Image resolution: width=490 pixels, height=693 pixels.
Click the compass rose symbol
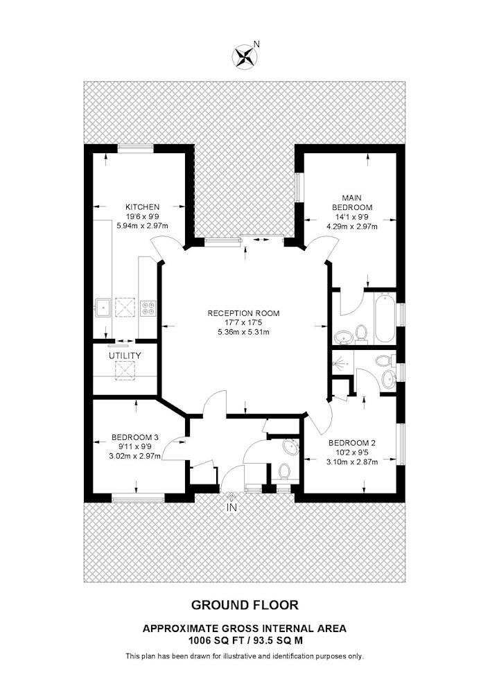pos(245,57)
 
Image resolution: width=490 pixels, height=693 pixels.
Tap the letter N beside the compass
pos(256,44)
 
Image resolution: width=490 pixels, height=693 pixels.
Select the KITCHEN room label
pos(142,207)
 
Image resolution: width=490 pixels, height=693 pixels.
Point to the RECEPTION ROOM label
pos(243,313)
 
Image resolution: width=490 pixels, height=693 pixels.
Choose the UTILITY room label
pos(125,356)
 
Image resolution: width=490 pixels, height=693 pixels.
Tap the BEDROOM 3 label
pos(134,437)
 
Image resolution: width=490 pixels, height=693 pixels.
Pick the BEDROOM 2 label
pos(351,443)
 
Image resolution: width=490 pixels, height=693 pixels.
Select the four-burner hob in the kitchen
pos(148,308)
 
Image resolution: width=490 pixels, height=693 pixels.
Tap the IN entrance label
pos(231,507)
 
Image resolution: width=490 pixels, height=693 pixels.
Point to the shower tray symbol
pos(342,364)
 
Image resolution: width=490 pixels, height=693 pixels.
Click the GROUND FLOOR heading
pos(245,604)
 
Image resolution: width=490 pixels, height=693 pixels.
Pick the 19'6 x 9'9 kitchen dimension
pos(142,216)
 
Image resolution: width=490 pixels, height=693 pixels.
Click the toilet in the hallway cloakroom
pos(285,471)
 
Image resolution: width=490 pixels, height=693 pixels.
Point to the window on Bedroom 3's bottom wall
pos(138,499)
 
